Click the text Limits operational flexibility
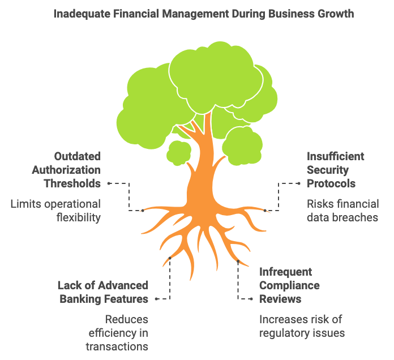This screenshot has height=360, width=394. tap(55, 210)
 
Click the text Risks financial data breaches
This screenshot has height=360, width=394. tap(342, 210)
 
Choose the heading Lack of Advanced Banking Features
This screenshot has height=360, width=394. tap(103, 292)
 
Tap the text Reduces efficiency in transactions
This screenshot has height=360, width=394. tap(117, 332)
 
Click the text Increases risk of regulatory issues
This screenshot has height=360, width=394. tap(302, 325)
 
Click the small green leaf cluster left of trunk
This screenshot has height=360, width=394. tap(179, 152)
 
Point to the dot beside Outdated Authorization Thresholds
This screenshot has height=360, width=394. tap(108, 183)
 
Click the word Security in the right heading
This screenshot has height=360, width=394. tap(328, 169)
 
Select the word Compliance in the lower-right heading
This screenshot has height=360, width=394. tap(289, 285)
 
